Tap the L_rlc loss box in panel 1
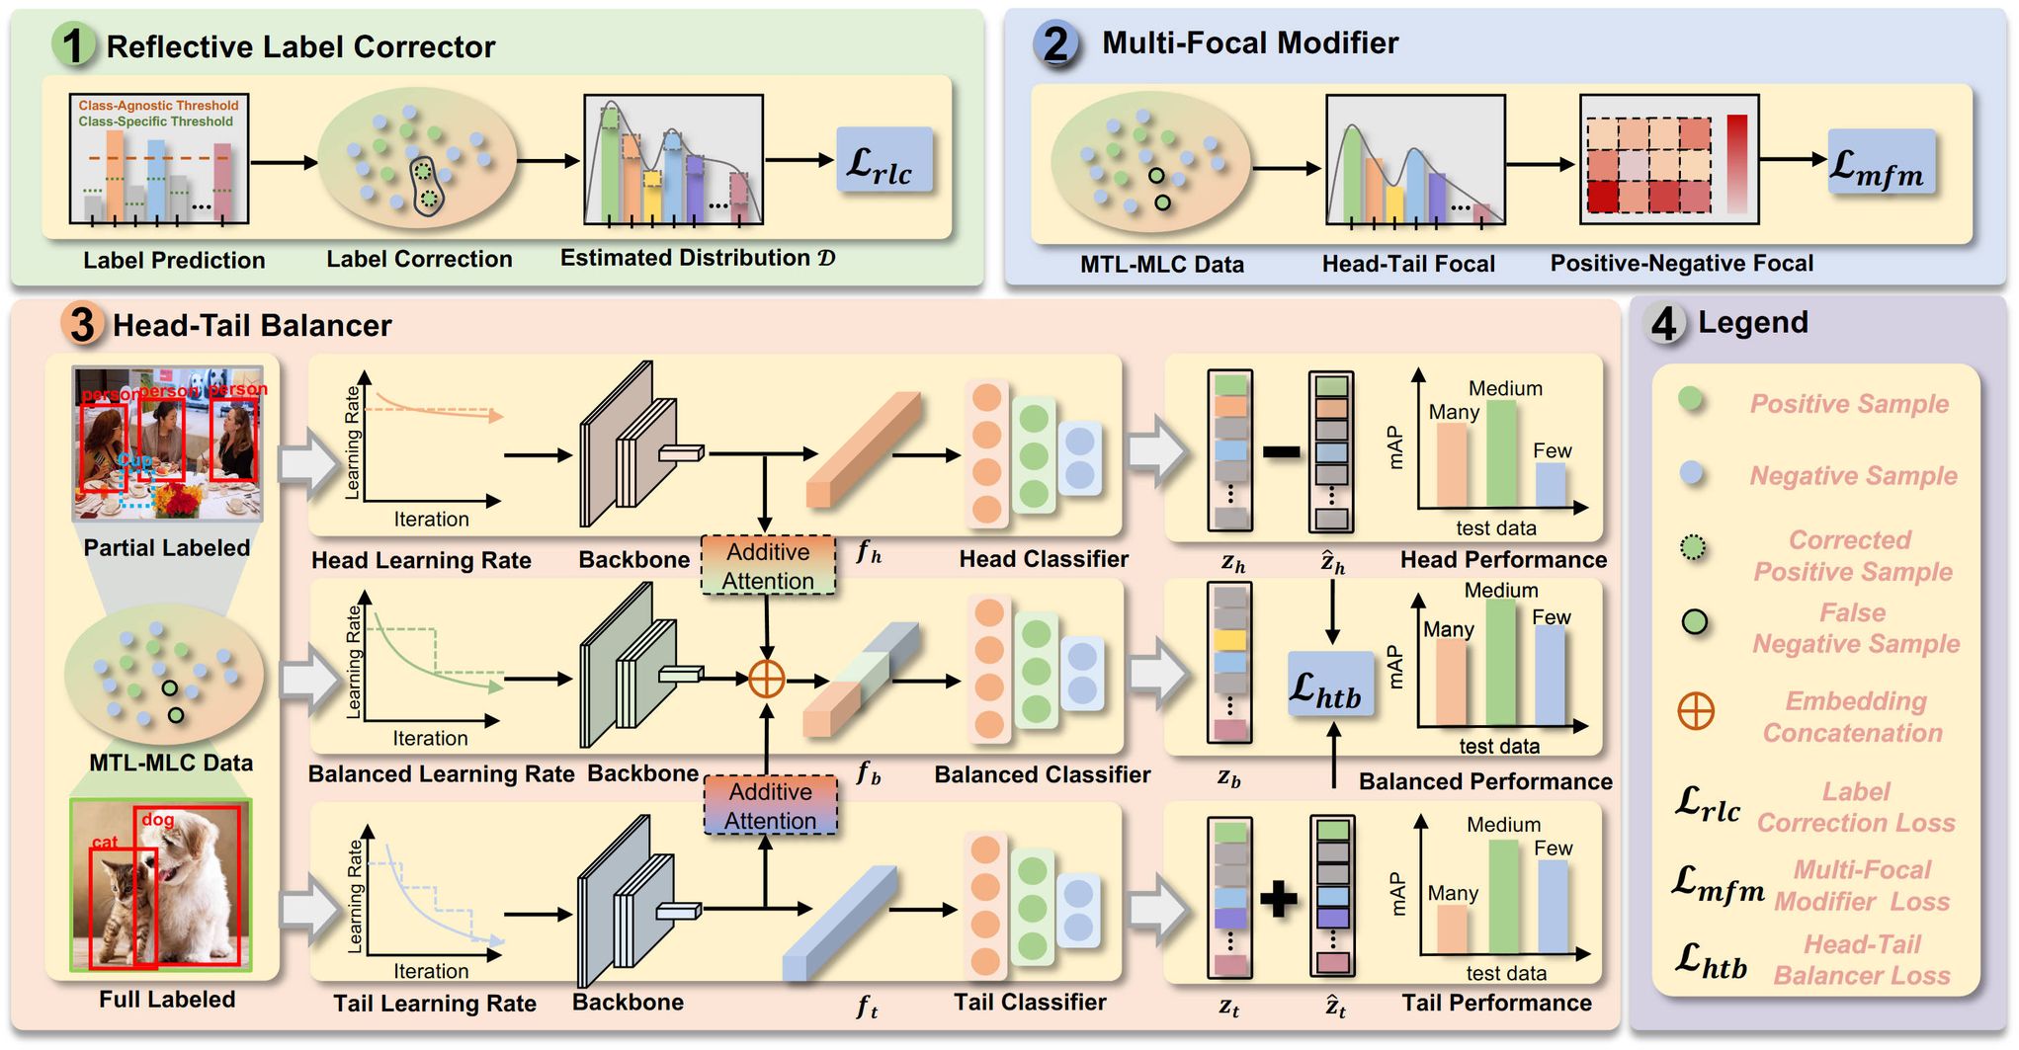click(883, 160)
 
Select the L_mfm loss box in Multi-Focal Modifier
click(1880, 162)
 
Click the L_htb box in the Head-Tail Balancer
click(1330, 685)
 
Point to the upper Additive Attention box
click(768, 565)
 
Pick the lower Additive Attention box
click(770, 805)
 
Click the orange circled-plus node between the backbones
click(767, 679)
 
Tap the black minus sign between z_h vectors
click(1281, 453)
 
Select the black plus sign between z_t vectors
click(1279, 898)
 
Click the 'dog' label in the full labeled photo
click(158, 819)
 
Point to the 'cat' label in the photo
click(105, 842)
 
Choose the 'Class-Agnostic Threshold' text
click(158, 105)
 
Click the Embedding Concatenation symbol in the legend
click(1696, 711)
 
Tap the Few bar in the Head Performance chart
click(1551, 484)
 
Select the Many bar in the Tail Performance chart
click(1452, 929)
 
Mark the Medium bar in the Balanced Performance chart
click(1500, 662)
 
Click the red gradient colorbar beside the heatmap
click(1736, 164)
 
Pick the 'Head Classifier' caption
click(1044, 559)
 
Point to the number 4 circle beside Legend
click(1664, 323)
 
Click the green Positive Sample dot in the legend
click(1691, 398)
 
